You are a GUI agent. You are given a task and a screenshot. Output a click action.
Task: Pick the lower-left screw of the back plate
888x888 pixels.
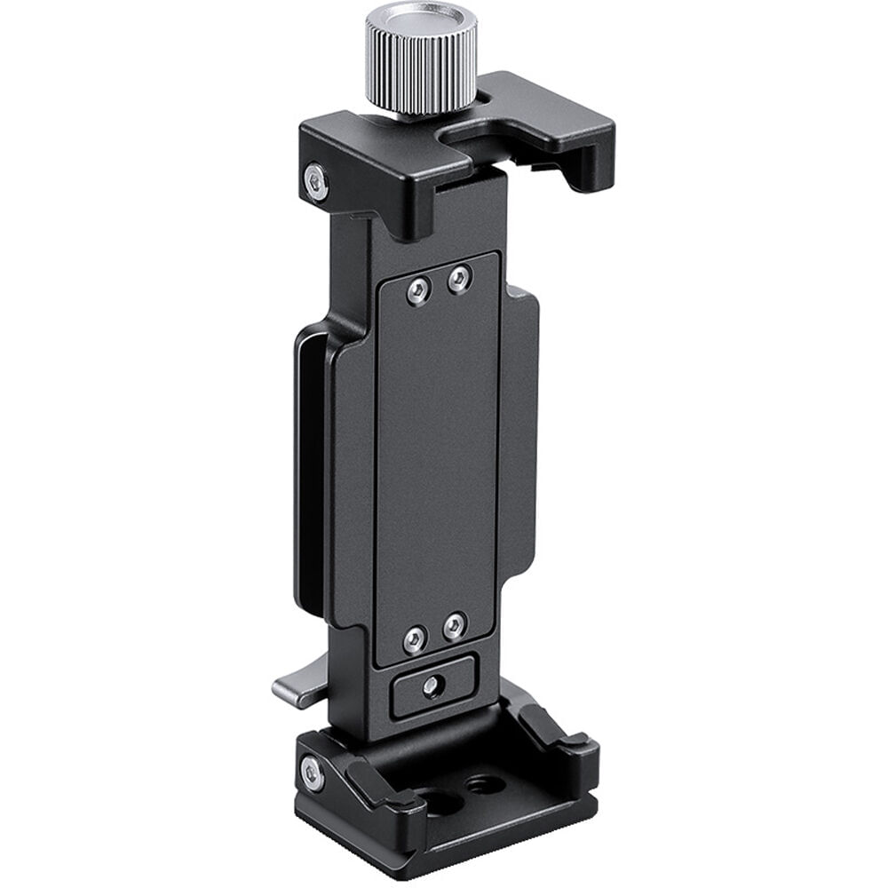coord(415,638)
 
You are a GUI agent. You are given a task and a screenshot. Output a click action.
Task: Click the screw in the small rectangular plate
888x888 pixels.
coord(432,686)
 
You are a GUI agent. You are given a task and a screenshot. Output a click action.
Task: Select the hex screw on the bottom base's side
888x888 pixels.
coord(313,773)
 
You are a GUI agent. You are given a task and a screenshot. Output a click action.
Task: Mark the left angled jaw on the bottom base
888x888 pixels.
coord(377,781)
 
